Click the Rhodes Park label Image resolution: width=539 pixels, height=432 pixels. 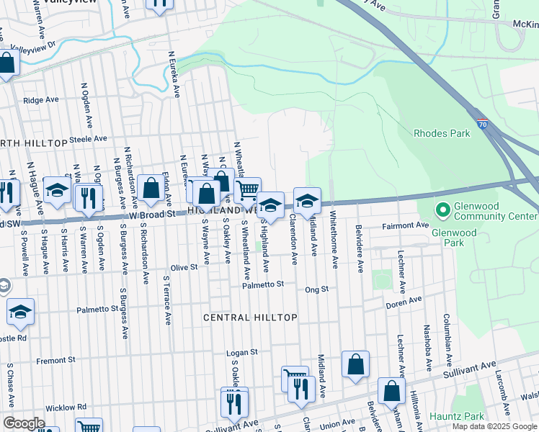[x=442, y=133]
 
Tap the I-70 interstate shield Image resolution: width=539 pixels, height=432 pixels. [x=483, y=125]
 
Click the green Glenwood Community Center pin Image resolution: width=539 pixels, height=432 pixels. [x=442, y=210]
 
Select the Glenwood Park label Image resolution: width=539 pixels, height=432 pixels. [x=454, y=233]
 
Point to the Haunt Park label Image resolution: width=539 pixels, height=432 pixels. [x=457, y=416]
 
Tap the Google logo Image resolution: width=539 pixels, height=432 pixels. [x=24, y=423]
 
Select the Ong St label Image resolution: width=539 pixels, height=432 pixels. [x=316, y=289]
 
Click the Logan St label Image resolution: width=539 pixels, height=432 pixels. [x=242, y=352]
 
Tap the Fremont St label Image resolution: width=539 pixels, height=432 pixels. [x=55, y=359]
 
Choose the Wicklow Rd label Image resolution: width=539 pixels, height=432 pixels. [x=66, y=407]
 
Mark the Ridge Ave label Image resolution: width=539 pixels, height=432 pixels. [x=40, y=100]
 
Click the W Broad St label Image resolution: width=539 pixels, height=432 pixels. [x=153, y=214]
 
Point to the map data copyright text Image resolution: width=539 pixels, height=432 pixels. [x=494, y=426]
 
